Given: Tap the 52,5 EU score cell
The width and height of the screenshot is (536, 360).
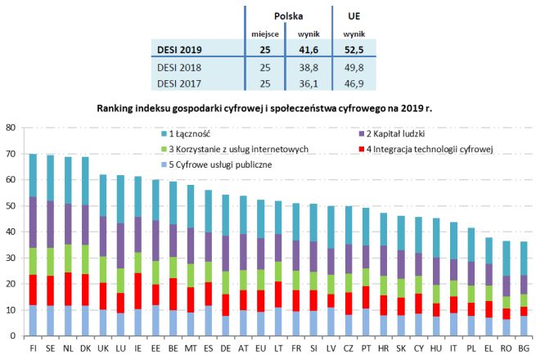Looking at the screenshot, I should click(x=354, y=50).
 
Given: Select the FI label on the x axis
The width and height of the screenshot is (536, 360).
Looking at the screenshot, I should click(x=34, y=348).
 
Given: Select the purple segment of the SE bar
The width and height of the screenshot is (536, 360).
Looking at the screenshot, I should click(x=50, y=224).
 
